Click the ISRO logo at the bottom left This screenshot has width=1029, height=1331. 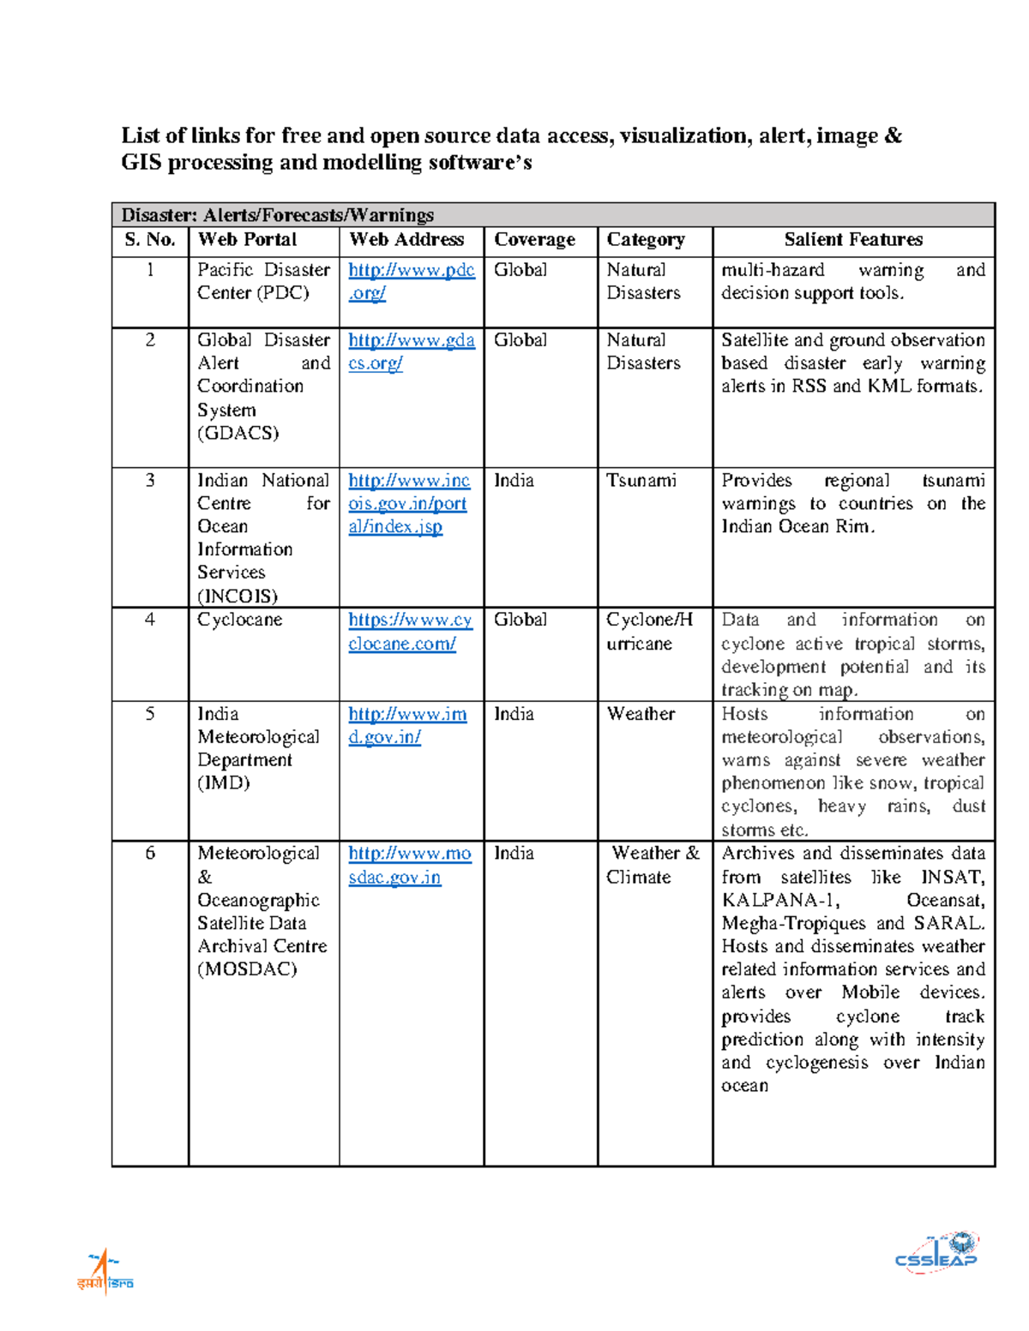click(105, 1272)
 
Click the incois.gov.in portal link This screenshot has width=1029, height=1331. click(408, 504)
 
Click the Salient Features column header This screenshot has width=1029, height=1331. click(853, 241)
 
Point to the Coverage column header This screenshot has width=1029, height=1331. click(534, 241)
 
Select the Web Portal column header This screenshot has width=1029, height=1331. click(247, 241)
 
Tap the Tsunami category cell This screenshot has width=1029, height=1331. click(641, 481)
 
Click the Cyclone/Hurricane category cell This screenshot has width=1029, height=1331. click(649, 632)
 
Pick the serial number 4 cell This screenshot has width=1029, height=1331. click(150, 620)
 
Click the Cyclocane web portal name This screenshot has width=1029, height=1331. click(239, 620)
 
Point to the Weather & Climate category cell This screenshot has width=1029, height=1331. click(654, 865)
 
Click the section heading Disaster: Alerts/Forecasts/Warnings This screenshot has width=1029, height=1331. click(277, 215)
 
